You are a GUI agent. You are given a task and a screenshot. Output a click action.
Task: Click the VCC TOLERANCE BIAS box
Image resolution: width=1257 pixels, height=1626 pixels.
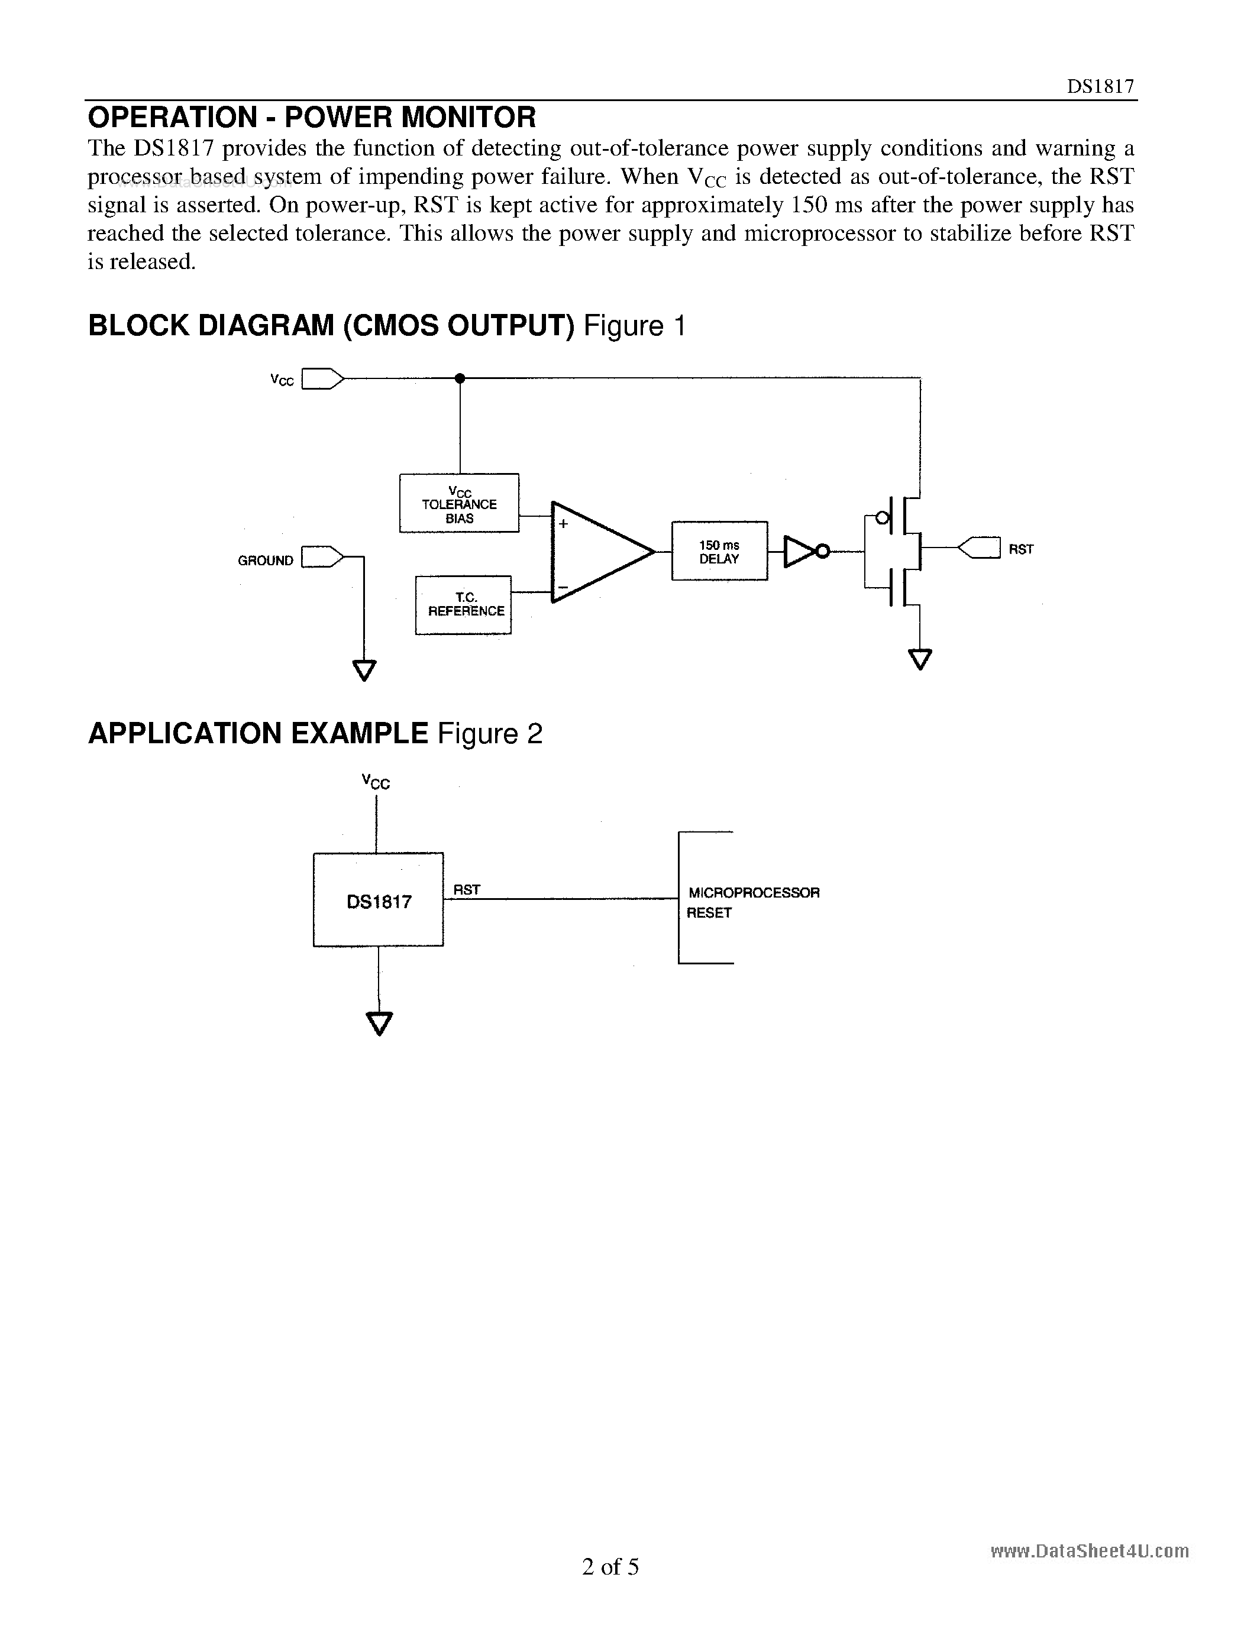click(458, 503)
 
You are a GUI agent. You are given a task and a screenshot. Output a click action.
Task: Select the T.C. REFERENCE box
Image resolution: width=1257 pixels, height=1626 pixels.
click(463, 604)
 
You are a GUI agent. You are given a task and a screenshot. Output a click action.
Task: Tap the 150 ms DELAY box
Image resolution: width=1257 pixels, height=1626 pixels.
click(719, 552)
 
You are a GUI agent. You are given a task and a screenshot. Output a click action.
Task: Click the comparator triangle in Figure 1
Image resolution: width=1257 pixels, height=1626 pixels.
click(596, 552)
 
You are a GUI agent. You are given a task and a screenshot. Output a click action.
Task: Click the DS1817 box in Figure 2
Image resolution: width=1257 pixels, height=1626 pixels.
click(379, 899)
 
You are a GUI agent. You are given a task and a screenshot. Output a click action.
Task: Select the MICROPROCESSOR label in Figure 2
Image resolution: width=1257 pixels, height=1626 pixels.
click(754, 892)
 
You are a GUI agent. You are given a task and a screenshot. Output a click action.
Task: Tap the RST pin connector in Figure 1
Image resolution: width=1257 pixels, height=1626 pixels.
click(978, 548)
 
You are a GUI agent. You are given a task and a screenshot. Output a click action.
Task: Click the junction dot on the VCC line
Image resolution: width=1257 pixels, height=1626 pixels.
click(460, 378)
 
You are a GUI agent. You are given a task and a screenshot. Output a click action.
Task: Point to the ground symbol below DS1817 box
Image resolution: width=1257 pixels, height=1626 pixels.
click(379, 1023)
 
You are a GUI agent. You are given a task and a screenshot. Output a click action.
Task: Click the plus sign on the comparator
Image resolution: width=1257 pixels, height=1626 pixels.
click(564, 524)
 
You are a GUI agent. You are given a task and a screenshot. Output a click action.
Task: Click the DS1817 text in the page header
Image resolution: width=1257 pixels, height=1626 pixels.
click(1100, 86)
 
